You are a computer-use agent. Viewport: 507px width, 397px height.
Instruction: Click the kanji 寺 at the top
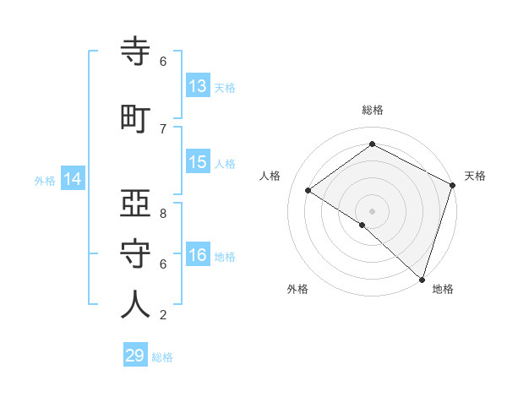pyautogui.click(x=136, y=52)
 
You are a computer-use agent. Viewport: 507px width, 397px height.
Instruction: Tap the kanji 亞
pyautogui.click(x=136, y=204)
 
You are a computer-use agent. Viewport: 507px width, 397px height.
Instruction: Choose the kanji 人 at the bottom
pyautogui.click(x=136, y=305)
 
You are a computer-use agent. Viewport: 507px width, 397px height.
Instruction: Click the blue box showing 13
pyautogui.click(x=198, y=86)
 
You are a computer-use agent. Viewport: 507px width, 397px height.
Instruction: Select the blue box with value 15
pyautogui.click(x=198, y=162)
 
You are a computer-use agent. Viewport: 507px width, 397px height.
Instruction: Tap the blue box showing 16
pyautogui.click(x=198, y=255)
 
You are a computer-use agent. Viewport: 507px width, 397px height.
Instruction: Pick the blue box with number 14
pyautogui.click(x=72, y=179)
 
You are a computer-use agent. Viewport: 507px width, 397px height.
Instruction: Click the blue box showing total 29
pyautogui.click(x=135, y=356)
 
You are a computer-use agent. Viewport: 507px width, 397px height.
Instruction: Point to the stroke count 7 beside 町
pyautogui.click(x=163, y=129)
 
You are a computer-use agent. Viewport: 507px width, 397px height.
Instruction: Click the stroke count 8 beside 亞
pyautogui.click(x=163, y=214)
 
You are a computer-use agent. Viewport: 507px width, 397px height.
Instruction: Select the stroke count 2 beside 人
pyautogui.click(x=163, y=315)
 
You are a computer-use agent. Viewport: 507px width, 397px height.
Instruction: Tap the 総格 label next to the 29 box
pyautogui.click(x=162, y=357)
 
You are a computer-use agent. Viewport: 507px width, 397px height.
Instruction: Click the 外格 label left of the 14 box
pyautogui.click(x=45, y=181)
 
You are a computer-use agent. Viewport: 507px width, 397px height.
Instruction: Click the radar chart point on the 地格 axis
pyautogui.click(x=422, y=279)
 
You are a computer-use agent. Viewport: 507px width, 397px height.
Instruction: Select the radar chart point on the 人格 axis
pyautogui.click(x=308, y=190)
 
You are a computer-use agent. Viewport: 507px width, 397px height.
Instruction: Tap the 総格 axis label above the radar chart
pyautogui.click(x=372, y=110)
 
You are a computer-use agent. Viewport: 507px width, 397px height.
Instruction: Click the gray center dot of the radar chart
pyautogui.click(x=372, y=210)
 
